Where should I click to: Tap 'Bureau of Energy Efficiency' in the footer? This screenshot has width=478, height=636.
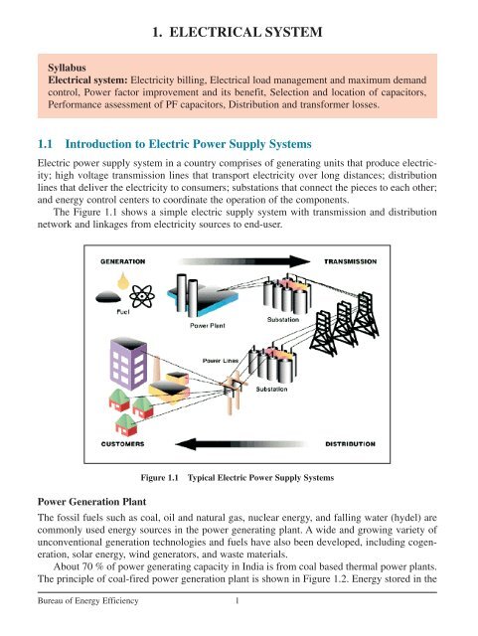85,628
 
